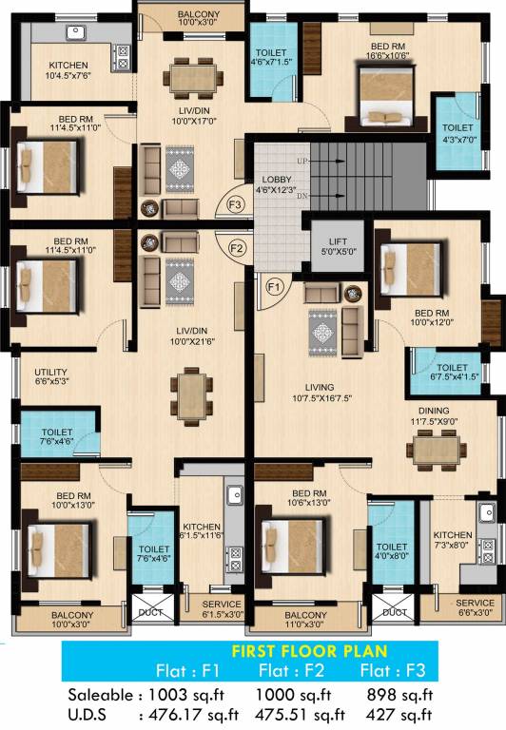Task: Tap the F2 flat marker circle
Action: coord(238,248)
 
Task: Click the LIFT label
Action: coord(336,243)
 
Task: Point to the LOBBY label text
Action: coord(279,181)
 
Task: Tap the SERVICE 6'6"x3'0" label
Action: coord(474,603)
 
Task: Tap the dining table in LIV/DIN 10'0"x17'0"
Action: coord(193,77)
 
